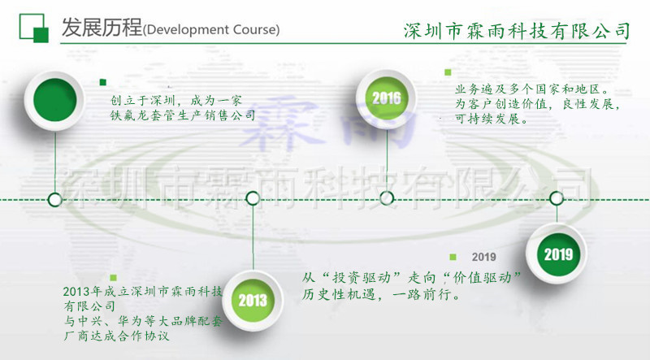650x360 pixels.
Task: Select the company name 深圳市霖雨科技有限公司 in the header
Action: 517,31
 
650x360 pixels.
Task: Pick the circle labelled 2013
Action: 253,300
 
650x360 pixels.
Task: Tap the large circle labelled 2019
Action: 558,254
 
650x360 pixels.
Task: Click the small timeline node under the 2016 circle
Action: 387,197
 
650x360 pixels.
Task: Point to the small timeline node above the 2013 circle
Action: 253,197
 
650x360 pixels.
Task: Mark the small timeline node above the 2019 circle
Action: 557,197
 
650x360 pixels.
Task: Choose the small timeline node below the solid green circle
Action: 54,197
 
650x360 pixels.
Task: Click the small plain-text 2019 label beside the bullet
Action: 483,258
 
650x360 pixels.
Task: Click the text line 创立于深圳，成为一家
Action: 175,102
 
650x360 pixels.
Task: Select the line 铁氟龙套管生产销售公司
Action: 183,116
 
